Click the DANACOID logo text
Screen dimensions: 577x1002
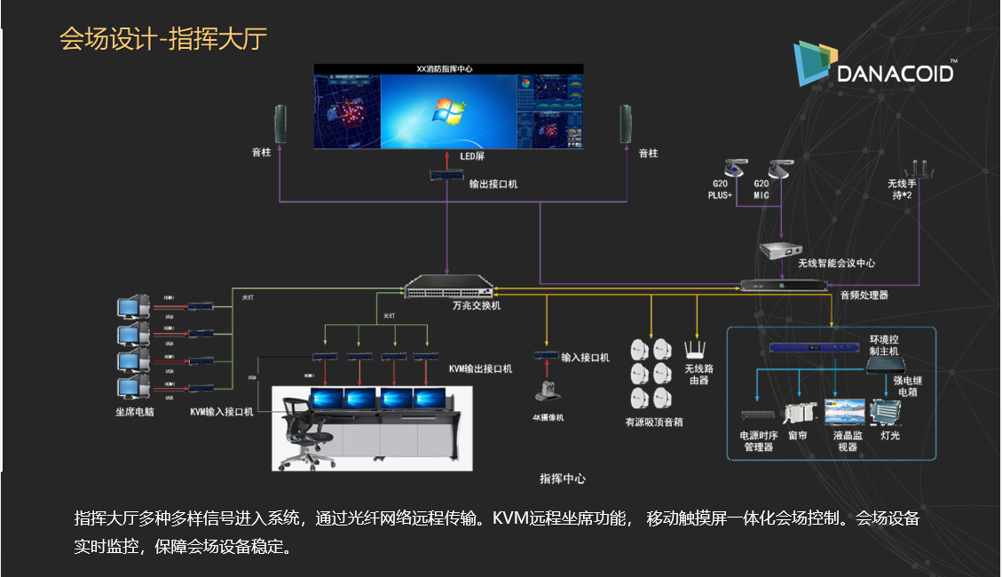(x=895, y=72)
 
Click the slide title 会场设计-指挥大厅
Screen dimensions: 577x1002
(x=163, y=39)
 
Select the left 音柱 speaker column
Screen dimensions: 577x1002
(x=280, y=124)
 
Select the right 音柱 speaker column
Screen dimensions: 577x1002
(x=625, y=124)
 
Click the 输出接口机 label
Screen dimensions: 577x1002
(x=493, y=184)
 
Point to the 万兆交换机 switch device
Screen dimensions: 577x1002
(x=448, y=288)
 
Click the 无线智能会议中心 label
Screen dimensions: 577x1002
(x=836, y=263)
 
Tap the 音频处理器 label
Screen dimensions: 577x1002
(x=864, y=295)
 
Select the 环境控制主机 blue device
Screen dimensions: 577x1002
(x=802, y=349)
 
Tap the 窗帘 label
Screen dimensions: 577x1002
(x=796, y=436)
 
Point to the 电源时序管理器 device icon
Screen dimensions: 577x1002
(x=757, y=415)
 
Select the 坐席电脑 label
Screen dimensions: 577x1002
(x=135, y=411)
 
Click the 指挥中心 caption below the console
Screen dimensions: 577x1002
(x=563, y=478)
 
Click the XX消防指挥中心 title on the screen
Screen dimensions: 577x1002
(x=448, y=68)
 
